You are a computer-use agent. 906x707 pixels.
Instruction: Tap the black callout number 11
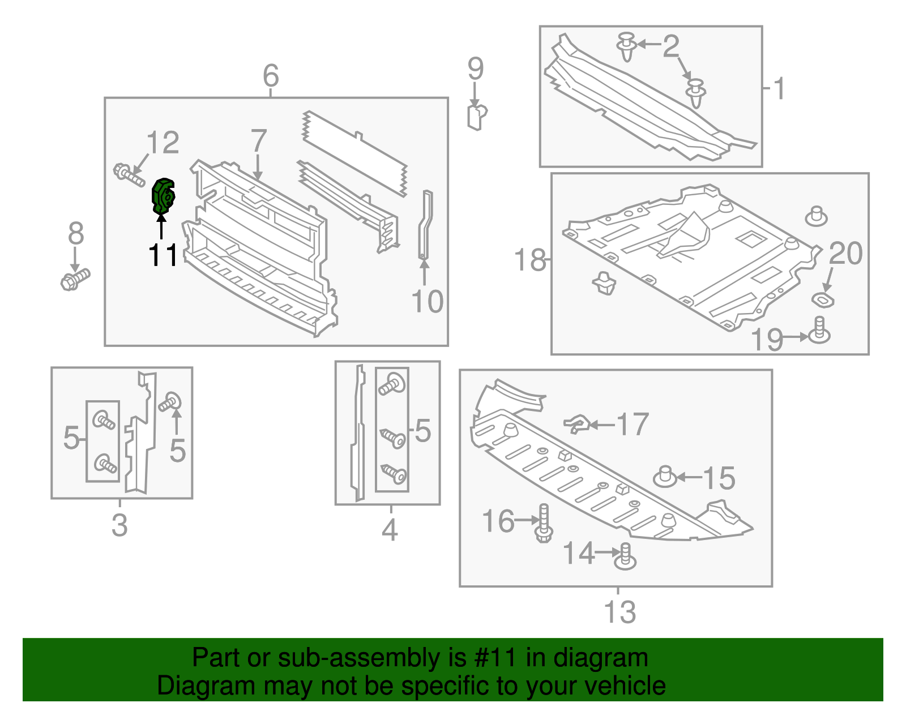pos(163,256)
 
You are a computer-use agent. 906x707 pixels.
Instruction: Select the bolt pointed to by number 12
pos(129,174)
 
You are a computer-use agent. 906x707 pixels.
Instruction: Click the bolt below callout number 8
pos(74,279)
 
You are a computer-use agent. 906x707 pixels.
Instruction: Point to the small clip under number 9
pos(476,117)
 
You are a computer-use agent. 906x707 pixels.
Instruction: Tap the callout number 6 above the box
pos(271,75)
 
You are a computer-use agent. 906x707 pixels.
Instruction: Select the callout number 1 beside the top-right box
pos(780,89)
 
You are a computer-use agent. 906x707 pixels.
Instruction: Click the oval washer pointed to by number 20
pos(823,300)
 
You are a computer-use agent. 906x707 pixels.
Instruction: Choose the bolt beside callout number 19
pos(819,331)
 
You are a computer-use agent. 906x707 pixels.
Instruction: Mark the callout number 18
pos(529,260)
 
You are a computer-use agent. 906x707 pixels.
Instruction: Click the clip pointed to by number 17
pos(578,423)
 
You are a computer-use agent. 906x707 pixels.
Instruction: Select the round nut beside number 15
pos(665,477)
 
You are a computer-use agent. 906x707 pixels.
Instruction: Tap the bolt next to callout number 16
pos(544,523)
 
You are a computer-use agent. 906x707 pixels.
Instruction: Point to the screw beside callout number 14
pos(625,556)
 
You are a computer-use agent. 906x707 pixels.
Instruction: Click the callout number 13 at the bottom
pos(619,612)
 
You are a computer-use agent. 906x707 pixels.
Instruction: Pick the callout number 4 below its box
pos(390,530)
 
